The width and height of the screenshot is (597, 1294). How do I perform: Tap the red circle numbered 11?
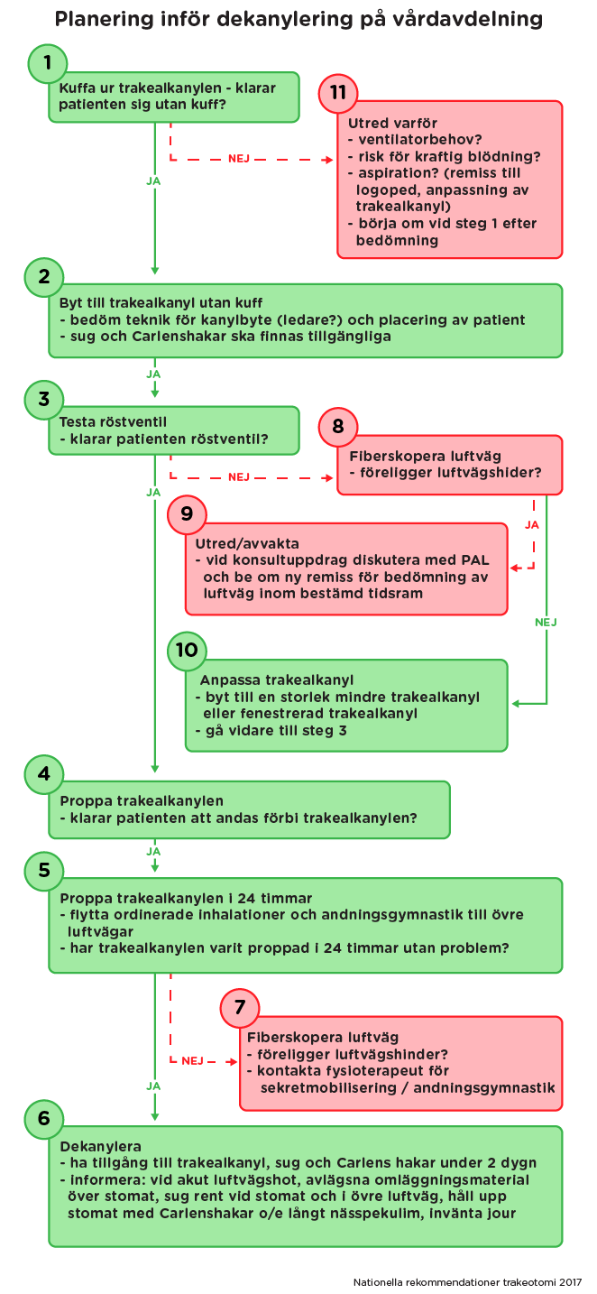point(337,92)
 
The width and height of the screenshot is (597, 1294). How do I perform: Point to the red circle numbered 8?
point(337,426)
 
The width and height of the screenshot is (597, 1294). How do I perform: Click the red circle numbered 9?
point(187,513)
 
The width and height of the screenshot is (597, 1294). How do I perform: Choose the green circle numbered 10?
point(187,651)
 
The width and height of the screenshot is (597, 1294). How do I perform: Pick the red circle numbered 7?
point(239,1007)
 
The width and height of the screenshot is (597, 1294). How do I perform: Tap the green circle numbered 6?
point(44,1118)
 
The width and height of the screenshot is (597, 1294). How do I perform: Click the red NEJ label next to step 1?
point(239,158)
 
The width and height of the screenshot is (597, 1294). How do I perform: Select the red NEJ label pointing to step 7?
point(192,1061)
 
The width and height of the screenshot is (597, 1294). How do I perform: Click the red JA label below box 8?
point(532,524)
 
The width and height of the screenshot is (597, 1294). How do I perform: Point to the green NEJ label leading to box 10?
point(546,622)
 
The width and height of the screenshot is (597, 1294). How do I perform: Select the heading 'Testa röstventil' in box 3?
point(113,421)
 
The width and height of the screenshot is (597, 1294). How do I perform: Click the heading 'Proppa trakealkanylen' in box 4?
point(142,800)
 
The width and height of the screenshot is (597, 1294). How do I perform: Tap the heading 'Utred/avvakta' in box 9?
point(247,544)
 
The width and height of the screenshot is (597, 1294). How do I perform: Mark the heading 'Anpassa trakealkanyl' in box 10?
point(276,680)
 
